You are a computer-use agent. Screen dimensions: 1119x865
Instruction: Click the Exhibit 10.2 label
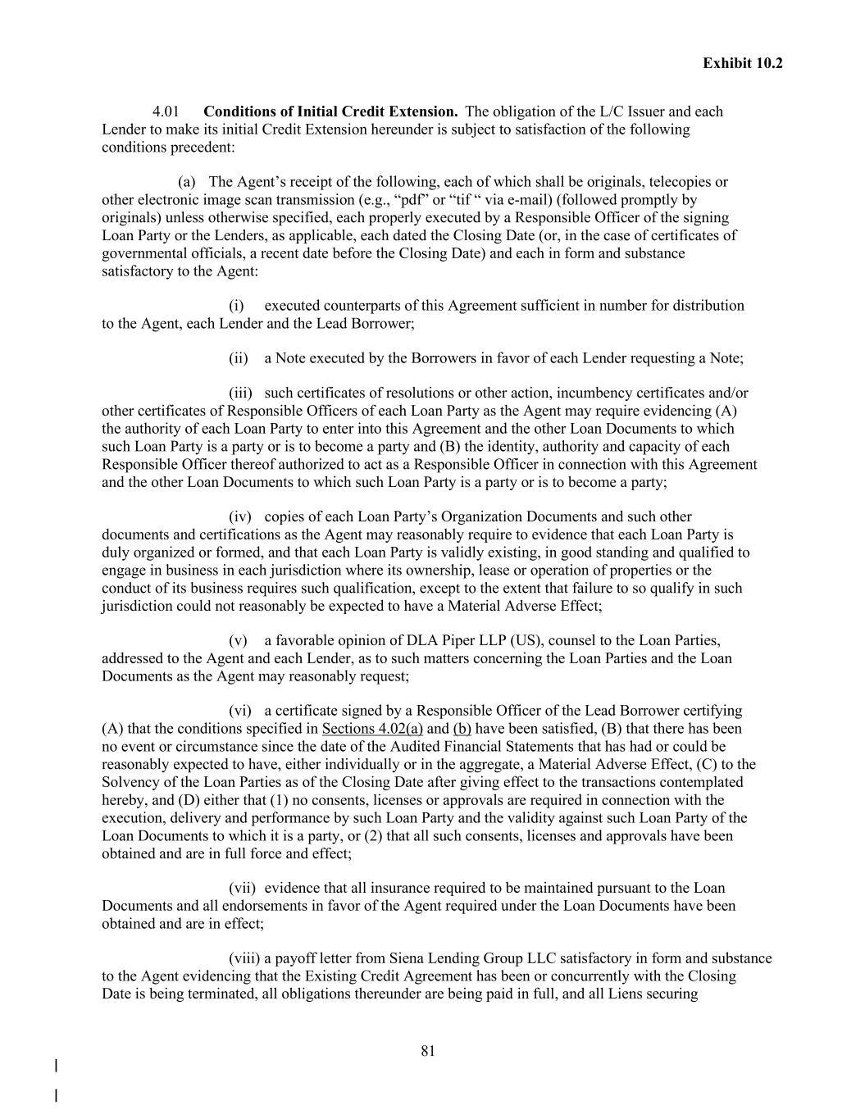click(742, 63)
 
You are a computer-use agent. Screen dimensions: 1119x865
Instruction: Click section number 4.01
click(166, 111)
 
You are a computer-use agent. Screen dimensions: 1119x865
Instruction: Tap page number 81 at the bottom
click(428, 1052)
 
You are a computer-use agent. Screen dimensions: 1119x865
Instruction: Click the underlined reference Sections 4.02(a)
click(372, 729)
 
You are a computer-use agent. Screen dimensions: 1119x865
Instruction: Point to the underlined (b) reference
click(462, 729)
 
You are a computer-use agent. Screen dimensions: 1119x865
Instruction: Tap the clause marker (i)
click(236, 306)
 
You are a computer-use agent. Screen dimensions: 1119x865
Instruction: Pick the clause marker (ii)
click(238, 358)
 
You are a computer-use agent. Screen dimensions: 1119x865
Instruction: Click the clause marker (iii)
click(239, 393)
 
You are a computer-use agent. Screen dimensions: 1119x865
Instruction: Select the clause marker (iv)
click(239, 516)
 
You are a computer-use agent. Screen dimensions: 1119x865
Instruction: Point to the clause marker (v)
click(238, 640)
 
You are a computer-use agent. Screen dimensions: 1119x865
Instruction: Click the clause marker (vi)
click(239, 711)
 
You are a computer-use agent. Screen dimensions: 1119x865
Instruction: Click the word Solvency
click(130, 782)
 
